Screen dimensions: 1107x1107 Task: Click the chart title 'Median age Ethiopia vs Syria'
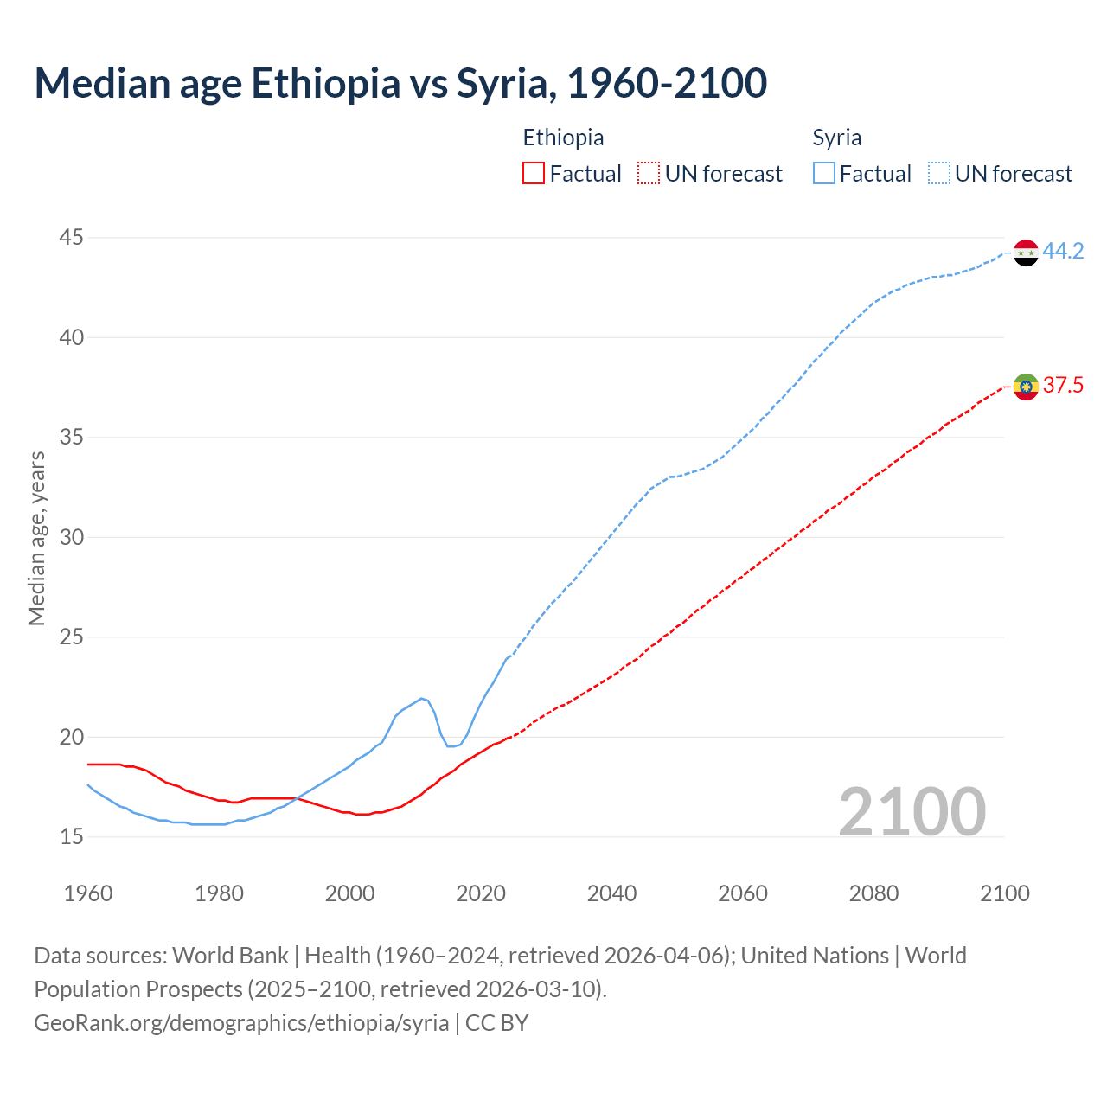[400, 83]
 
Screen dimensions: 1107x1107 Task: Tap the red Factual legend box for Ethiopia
[534, 174]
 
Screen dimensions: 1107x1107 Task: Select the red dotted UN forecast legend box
[649, 174]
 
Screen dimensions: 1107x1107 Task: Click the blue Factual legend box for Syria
[824, 174]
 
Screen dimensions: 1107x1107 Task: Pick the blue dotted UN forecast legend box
[939, 174]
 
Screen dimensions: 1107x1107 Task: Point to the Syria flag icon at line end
[1026, 253]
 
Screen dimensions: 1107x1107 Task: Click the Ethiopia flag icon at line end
[1026, 387]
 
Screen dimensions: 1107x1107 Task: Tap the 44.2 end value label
[1063, 252]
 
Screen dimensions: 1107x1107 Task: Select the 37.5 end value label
[1063, 386]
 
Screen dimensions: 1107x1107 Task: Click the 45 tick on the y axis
[72, 237]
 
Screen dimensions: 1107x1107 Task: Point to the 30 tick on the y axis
[72, 537]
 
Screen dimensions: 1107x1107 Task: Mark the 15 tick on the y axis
[72, 836]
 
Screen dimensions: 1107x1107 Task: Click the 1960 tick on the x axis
[88, 893]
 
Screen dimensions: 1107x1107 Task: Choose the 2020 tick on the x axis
[481, 893]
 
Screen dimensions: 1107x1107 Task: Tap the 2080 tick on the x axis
[873, 893]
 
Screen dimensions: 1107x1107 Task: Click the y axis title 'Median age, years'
[36, 537]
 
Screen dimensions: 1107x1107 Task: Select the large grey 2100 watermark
[912, 811]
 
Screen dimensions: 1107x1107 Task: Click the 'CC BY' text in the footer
[496, 1023]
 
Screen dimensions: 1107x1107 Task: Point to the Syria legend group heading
[836, 138]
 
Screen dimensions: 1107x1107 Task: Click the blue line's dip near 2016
[451, 745]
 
